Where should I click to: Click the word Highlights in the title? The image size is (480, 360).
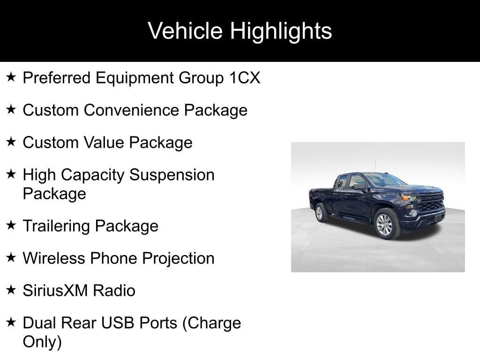point(281,31)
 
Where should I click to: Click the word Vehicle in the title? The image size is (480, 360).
point(185,31)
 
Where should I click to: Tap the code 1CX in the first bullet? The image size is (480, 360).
point(245,78)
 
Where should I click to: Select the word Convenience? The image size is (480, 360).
point(131,110)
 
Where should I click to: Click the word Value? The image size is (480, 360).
point(104,142)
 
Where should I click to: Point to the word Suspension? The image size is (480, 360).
point(172,175)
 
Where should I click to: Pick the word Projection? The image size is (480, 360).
point(178,259)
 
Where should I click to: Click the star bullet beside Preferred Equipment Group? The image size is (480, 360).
point(11,77)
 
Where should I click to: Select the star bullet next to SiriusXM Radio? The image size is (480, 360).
point(11,290)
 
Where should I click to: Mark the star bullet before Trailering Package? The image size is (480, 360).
point(11,225)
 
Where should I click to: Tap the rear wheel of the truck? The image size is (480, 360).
point(320,212)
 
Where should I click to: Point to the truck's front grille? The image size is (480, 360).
point(431,202)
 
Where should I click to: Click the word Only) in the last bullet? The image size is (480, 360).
point(42,342)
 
